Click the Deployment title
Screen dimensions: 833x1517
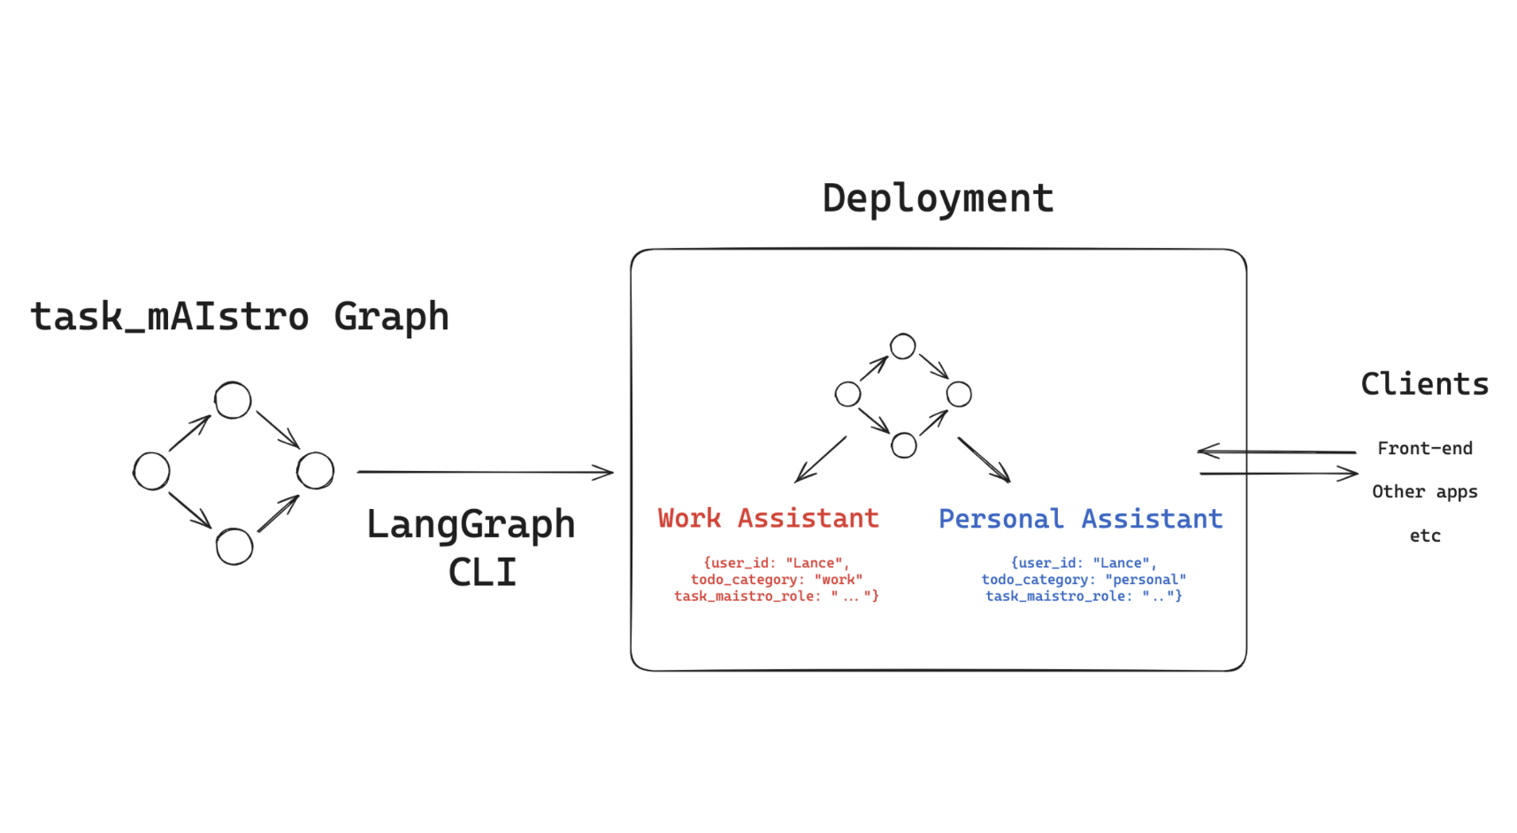pos(938,199)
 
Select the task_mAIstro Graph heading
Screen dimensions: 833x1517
pos(240,317)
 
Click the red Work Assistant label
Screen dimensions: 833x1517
pos(768,518)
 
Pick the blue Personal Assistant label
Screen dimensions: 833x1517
pos(1080,519)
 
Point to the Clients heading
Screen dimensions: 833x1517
pos(1424,384)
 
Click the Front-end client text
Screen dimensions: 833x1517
pos(1424,449)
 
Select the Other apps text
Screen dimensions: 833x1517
pos(1424,492)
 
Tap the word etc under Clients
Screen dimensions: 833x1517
pos(1424,536)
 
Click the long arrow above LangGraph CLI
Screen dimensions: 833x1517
pos(485,472)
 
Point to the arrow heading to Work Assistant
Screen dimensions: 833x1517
pos(820,459)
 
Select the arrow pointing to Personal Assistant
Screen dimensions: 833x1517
pos(984,459)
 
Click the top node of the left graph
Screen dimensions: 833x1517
pos(234,400)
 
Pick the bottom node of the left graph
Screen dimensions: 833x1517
pos(234,546)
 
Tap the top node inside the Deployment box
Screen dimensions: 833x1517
pos(903,346)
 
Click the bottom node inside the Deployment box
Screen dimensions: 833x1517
pos(904,445)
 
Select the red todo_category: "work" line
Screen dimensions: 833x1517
pos(777,580)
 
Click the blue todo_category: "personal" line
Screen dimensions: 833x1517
pos(1084,580)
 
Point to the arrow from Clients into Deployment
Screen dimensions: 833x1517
pos(1276,451)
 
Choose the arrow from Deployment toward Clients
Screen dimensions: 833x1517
pos(1278,474)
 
